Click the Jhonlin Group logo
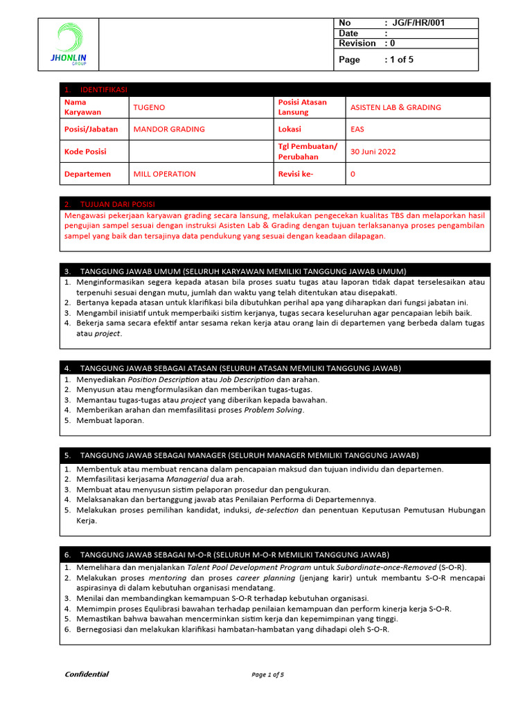click(x=69, y=44)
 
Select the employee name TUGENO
click(x=149, y=107)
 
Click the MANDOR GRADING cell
click(x=169, y=129)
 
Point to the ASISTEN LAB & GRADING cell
click(x=396, y=107)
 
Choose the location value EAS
click(x=357, y=129)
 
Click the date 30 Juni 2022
click(x=373, y=152)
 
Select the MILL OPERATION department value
click(x=164, y=174)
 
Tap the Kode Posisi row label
click(x=85, y=152)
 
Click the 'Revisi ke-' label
click(x=296, y=174)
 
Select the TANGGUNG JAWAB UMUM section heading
click(x=243, y=271)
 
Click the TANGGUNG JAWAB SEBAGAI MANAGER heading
click(x=249, y=455)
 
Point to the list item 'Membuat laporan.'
click(x=110, y=420)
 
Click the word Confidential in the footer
click(x=87, y=674)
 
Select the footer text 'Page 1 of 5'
click(x=268, y=674)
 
